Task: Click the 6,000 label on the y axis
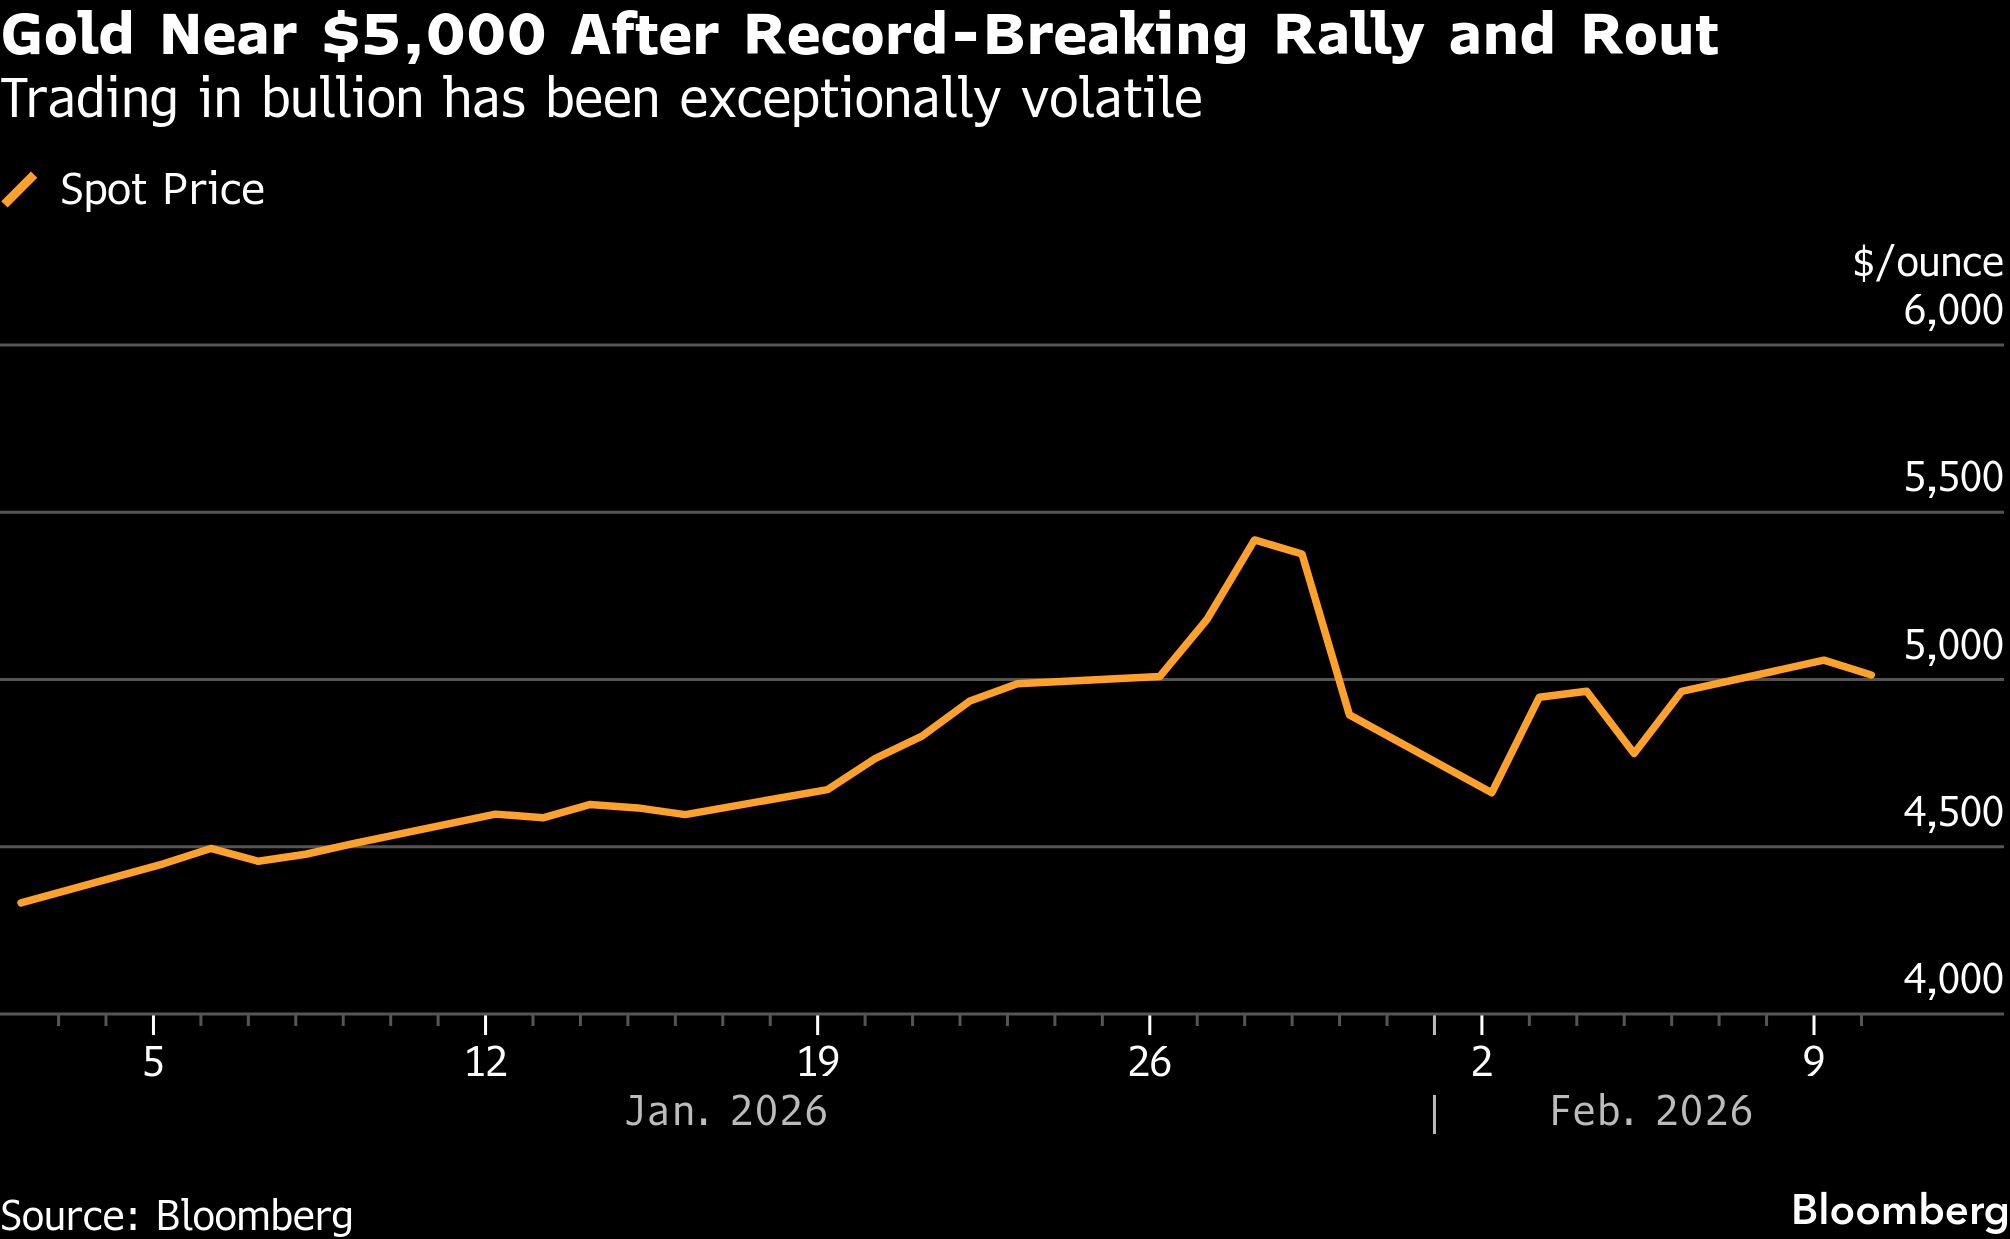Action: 1953,311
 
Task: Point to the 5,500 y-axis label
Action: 1953,478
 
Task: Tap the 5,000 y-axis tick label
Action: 1953,646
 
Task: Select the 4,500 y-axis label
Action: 1953,813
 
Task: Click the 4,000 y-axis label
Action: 1953,980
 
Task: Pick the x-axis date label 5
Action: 153,1062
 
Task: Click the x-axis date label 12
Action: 486,1062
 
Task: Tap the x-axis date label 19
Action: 817,1062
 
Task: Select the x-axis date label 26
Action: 1149,1062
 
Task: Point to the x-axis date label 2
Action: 1481,1062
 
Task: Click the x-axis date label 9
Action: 1813,1062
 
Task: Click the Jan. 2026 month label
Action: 726,1112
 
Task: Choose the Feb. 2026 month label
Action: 1651,1112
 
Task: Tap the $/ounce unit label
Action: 1927,262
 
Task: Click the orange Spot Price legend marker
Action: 20,190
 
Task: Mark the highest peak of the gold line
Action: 1255,540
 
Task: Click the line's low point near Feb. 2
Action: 1492,793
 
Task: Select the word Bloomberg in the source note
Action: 254,1216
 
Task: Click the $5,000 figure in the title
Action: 433,36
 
